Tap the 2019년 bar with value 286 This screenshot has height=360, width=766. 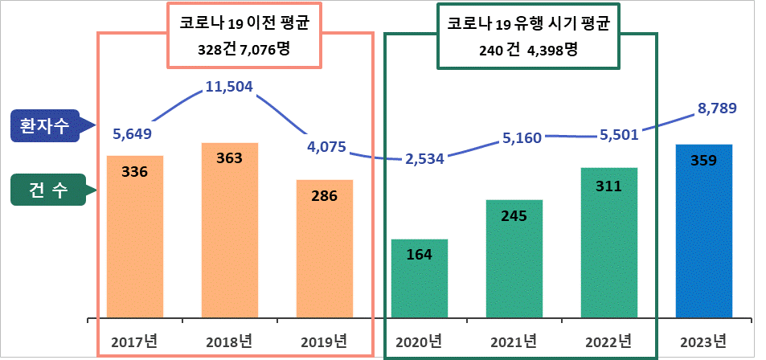coord(324,249)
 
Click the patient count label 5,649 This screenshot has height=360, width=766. coord(133,133)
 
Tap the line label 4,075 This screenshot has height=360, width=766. coord(326,147)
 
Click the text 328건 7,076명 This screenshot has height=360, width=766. coord(244,50)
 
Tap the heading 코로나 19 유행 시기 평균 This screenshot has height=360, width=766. coord(528,24)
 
